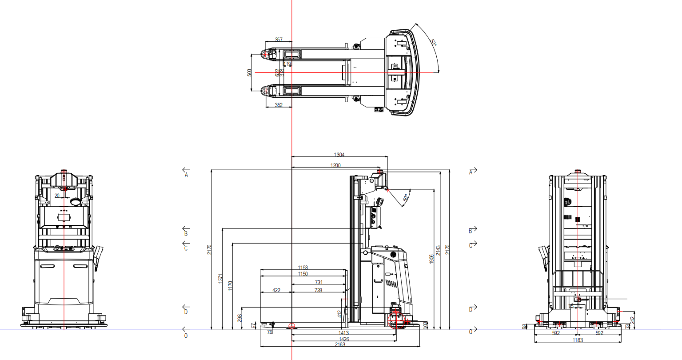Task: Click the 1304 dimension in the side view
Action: [x=339, y=155]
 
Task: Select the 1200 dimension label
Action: [x=335, y=166]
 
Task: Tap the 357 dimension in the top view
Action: [x=279, y=40]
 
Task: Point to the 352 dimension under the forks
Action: [x=279, y=105]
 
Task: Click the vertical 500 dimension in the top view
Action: [x=250, y=72]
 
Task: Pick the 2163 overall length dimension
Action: [x=339, y=344]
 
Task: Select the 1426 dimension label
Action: [x=343, y=339]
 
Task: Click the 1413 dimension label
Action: [x=343, y=332]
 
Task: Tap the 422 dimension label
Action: [x=276, y=290]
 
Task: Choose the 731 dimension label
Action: [x=319, y=282]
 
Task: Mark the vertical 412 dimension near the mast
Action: [x=340, y=314]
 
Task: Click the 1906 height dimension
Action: [x=431, y=259]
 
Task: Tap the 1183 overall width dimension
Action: [x=578, y=340]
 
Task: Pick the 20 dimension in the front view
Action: [x=57, y=196]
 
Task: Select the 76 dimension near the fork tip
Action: [x=269, y=332]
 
